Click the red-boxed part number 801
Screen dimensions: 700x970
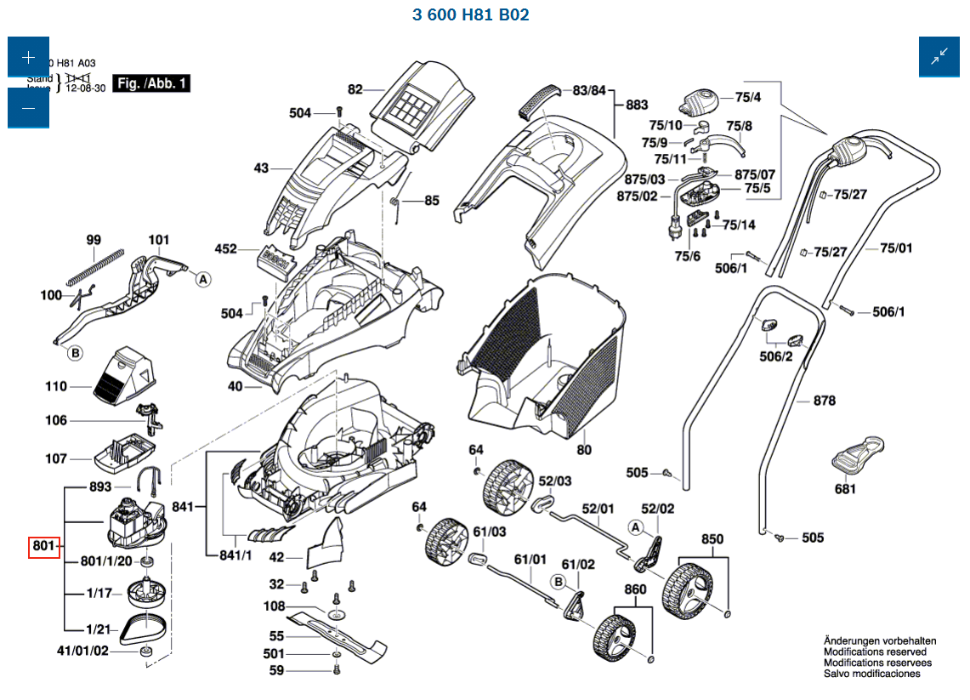pyautogui.click(x=43, y=545)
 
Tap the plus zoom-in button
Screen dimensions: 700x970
pyautogui.click(x=29, y=58)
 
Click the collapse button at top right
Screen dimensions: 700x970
pyautogui.click(x=939, y=58)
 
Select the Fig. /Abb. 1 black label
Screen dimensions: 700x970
pyautogui.click(x=152, y=83)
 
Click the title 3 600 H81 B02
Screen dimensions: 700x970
pyautogui.click(x=470, y=15)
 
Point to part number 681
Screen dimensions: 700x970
pyautogui.click(x=845, y=489)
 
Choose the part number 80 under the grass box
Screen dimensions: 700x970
pyautogui.click(x=584, y=448)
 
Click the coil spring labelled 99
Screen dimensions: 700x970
pyautogui.click(x=95, y=264)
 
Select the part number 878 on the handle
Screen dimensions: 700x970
pyautogui.click(x=824, y=401)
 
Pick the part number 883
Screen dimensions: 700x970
pyautogui.click(x=637, y=105)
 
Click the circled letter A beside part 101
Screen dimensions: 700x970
pyautogui.click(x=202, y=278)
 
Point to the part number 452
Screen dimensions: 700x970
pyautogui.click(x=225, y=249)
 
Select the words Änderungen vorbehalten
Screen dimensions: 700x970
pyautogui.click(x=880, y=640)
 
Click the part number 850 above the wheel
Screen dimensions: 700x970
pyautogui.click(x=712, y=539)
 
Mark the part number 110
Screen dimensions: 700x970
pyautogui.click(x=56, y=387)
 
